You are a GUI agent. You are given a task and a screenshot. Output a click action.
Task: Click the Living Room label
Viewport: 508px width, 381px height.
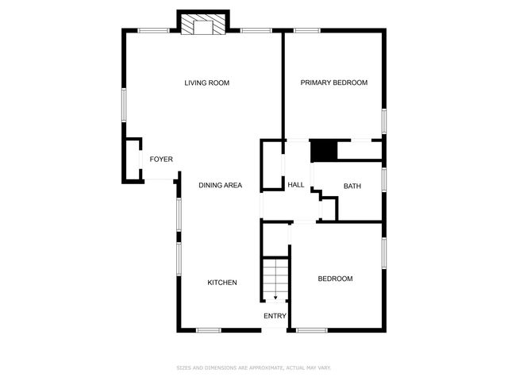(x=206, y=83)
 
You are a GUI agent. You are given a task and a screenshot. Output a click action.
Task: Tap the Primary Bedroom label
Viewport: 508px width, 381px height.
(x=333, y=83)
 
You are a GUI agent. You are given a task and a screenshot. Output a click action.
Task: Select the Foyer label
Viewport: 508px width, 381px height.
(x=161, y=160)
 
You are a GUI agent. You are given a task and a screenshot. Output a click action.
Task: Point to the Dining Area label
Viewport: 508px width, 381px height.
(x=220, y=186)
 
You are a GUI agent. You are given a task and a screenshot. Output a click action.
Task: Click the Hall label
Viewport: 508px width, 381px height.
(x=296, y=185)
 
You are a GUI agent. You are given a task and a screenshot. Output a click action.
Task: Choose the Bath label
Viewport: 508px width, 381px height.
(x=352, y=187)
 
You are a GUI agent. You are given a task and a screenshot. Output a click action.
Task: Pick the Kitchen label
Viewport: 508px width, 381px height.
(x=222, y=283)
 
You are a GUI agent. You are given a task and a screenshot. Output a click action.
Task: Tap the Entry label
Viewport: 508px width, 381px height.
(x=275, y=316)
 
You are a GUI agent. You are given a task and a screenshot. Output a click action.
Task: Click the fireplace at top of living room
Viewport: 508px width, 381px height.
(x=202, y=25)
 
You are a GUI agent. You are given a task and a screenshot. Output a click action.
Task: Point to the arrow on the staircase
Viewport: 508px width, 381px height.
(x=275, y=296)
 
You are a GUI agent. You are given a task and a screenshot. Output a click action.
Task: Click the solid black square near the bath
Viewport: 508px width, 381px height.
(x=323, y=150)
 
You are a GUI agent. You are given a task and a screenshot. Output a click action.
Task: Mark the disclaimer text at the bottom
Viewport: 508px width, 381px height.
(x=254, y=368)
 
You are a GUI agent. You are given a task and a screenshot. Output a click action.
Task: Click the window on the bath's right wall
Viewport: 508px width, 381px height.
(x=384, y=179)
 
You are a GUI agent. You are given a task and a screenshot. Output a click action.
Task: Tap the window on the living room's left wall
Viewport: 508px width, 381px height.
(x=123, y=104)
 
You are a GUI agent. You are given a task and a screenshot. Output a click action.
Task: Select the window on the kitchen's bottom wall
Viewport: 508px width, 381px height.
(x=208, y=330)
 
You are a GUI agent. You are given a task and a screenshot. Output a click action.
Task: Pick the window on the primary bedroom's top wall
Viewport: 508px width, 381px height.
(x=306, y=31)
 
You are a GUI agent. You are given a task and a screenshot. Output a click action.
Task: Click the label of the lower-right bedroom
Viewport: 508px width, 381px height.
(x=335, y=279)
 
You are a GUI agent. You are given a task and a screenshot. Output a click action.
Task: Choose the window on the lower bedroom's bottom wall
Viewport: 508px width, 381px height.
(x=311, y=330)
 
